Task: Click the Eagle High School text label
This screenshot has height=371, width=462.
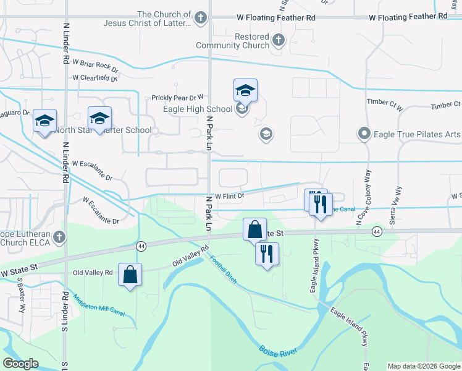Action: point(189,109)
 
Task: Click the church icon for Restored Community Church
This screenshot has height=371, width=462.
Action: point(279,41)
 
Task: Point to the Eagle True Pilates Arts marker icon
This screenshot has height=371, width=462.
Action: point(364,133)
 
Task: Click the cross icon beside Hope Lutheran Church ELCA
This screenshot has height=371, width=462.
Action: point(59,237)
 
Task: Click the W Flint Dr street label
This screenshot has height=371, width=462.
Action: point(230,197)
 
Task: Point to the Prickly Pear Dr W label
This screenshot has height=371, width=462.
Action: point(177,98)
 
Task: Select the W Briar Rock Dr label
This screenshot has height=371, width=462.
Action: point(95,64)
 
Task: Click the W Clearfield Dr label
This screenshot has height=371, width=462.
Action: point(94,78)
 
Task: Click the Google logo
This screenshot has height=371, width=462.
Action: point(20,364)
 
